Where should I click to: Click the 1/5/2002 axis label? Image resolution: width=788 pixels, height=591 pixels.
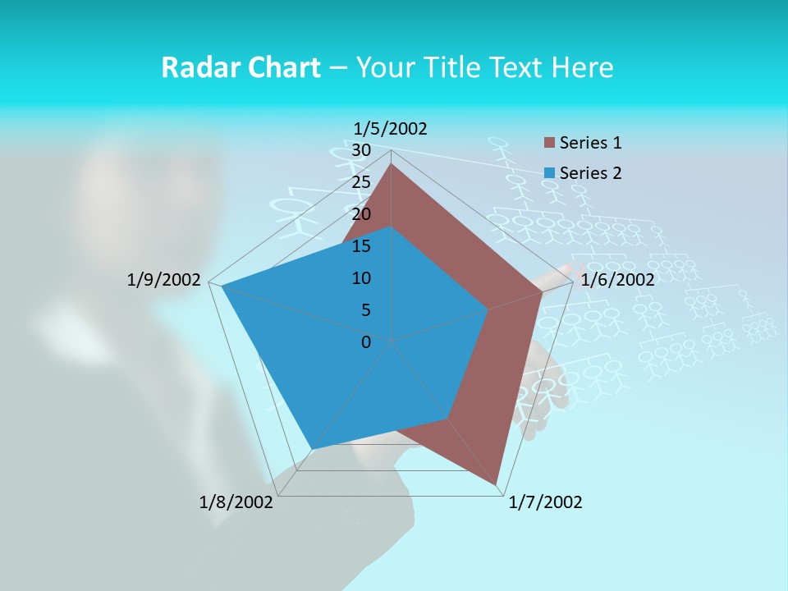point(391,128)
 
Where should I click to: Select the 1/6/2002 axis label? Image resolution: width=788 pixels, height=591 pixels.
point(617,280)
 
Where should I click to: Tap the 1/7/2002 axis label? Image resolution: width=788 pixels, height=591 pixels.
point(545,502)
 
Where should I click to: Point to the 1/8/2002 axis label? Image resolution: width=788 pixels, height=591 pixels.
point(236,502)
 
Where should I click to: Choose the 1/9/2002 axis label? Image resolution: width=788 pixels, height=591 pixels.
point(163,280)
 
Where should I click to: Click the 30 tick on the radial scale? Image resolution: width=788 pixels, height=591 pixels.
point(360,150)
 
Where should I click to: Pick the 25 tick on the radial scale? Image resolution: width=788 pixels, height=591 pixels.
point(360,182)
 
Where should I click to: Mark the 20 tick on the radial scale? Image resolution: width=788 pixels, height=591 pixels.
point(360,214)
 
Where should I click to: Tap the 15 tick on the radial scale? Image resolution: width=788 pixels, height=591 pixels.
point(360,246)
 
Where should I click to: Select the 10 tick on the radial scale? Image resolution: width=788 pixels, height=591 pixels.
point(360,278)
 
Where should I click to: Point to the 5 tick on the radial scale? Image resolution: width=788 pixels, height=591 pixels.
point(365,310)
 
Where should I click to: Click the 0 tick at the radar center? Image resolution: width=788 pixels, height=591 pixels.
point(366,342)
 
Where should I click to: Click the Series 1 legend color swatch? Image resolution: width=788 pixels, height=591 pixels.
point(550,144)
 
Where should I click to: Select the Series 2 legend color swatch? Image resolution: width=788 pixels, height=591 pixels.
point(550,173)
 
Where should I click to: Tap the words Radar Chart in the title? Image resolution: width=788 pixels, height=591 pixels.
point(241,67)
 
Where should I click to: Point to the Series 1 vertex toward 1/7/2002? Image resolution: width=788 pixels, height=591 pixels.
point(497,484)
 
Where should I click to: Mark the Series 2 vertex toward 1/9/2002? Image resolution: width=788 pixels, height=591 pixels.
point(222,287)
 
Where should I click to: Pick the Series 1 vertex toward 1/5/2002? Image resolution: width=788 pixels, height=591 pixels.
point(391,164)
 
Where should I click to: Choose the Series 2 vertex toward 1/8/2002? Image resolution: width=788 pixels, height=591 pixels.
point(312,448)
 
